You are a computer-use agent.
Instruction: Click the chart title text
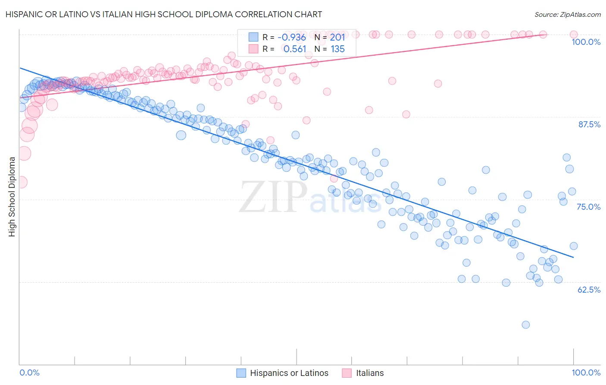(163, 14)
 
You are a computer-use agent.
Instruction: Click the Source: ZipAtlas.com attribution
(567, 14)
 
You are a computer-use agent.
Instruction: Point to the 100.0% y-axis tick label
(586, 42)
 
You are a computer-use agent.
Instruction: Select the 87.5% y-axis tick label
(589, 124)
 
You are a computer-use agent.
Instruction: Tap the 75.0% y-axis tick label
(588, 207)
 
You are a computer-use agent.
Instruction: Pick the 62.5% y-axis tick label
(589, 290)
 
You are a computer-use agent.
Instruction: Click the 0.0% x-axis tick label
(29, 372)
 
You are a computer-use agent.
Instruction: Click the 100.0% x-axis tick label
(586, 372)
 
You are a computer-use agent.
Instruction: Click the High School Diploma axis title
(12, 196)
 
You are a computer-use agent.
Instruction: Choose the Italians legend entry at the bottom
(369, 373)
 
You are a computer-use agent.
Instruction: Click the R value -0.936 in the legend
(291, 38)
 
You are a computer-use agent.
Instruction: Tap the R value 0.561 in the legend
(295, 49)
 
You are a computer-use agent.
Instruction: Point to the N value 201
(337, 38)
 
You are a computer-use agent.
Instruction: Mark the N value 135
(337, 49)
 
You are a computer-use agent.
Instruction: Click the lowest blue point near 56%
(525, 325)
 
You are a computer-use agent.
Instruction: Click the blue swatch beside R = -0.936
(253, 38)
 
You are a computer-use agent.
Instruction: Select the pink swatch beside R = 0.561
(253, 49)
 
